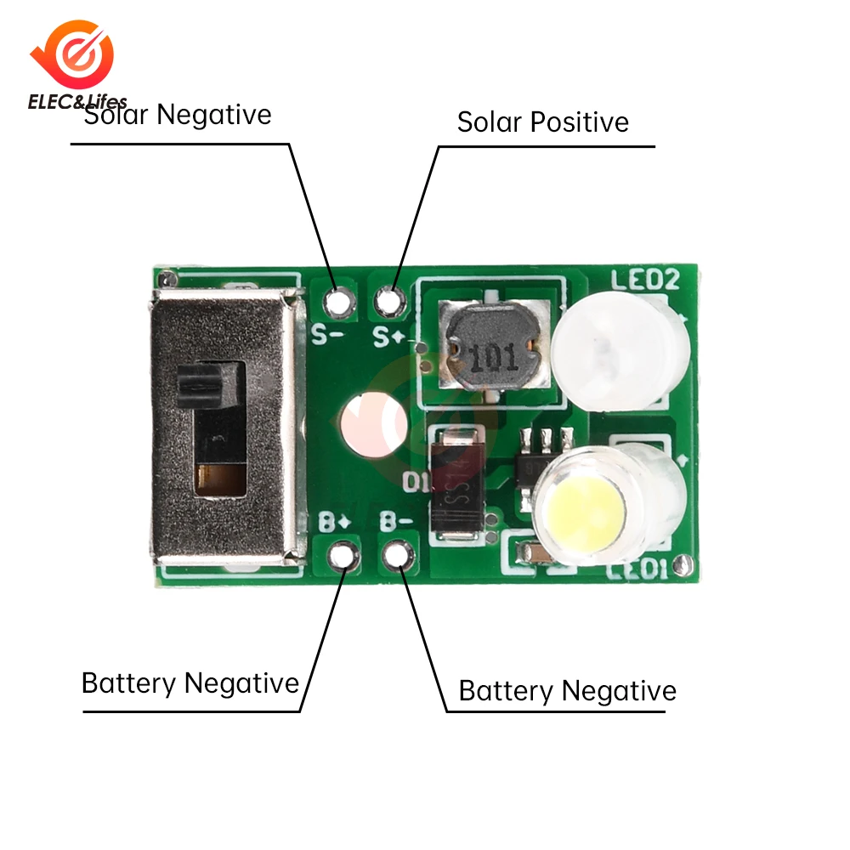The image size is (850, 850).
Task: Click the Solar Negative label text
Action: tap(178, 115)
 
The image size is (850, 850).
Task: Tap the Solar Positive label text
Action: tap(543, 122)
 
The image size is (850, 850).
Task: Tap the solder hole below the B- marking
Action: tap(396, 556)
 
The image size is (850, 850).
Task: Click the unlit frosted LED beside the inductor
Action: tap(617, 350)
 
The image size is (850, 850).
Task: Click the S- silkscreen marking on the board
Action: tap(326, 334)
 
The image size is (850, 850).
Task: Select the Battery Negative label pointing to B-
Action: tap(567, 691)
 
